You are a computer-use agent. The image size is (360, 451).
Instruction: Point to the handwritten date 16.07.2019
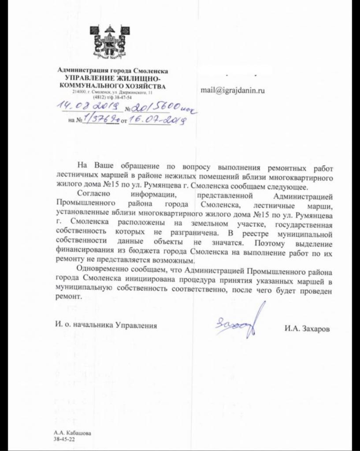155,119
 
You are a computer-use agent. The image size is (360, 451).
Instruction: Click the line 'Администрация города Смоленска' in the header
113,71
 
